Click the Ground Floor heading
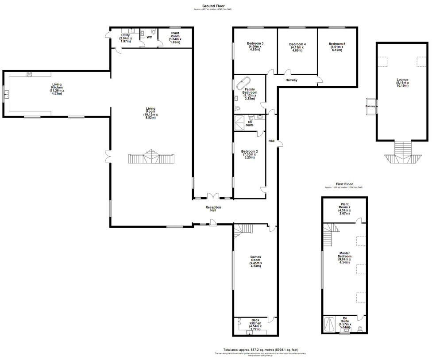pos(212,6)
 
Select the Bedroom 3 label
pos(255,46)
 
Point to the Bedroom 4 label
pos(297,47)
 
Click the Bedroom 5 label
pos(337,46)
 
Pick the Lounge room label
pos(402,82)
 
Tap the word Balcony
pos(370,106)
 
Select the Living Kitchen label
pos(57,88)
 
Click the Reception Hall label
pos(213,209)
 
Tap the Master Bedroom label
pos(344,257)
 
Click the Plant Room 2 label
pos(344,208)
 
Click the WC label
pos(149,37)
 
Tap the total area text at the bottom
pos(261,349)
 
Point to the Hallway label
pos(291,80)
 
